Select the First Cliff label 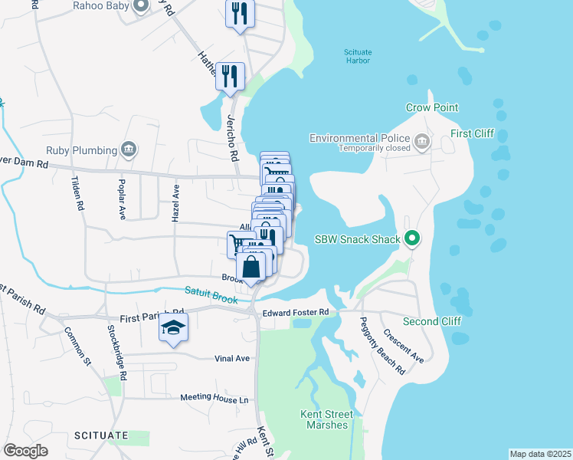coord(473,134)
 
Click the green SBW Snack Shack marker coord(412,240)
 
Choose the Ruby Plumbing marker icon coord(128,150)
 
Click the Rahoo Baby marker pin coord(140,7)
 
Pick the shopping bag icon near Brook coord(251,268)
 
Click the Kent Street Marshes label coord(327,419)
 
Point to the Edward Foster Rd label coord(295,313)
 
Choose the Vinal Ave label coord(232,358)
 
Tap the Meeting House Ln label coord(214,398)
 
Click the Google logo coord(25,450)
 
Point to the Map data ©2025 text coord(540,454)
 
